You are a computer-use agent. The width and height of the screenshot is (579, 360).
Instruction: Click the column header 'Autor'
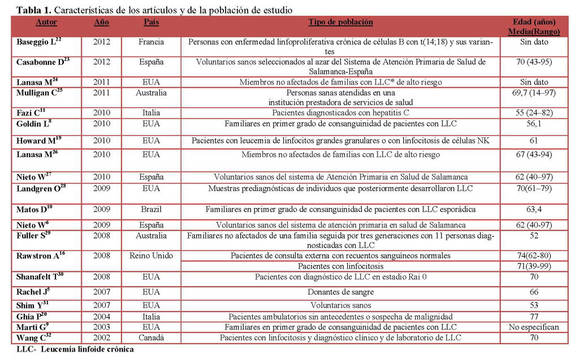(46, 22)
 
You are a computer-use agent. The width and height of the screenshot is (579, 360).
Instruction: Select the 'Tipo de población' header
(340, 22)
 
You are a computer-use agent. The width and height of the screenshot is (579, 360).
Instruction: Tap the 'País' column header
(151, 22)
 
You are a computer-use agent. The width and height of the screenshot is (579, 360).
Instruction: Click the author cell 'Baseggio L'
(38, 42)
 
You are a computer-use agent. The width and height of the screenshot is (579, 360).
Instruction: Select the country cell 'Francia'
(151, 42)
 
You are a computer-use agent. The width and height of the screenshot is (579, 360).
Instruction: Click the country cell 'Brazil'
(151, 209)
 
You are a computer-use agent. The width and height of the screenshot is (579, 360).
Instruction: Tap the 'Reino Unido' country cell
(151, 255)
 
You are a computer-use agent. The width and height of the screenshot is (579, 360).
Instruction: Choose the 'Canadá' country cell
(151, 337)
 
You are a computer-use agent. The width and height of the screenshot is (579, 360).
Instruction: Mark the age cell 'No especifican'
(533, 327)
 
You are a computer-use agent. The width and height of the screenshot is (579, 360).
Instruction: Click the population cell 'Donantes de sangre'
(340, 292)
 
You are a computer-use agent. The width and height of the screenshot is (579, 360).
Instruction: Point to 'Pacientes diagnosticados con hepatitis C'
(340, 112)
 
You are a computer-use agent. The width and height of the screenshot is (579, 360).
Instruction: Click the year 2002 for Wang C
(102, 337)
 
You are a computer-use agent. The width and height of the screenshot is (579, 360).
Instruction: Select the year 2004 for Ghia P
(102, 316)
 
